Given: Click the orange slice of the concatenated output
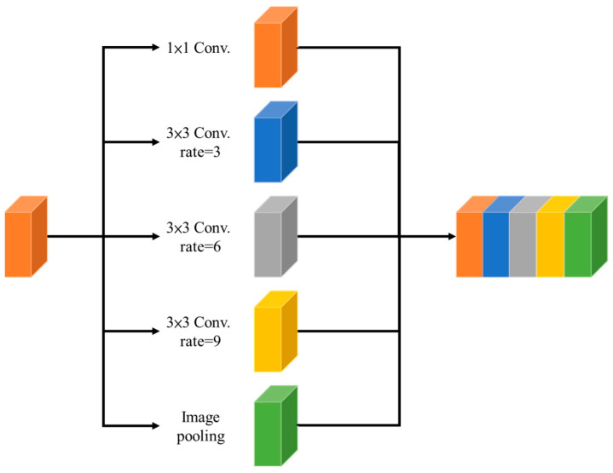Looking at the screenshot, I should [470, 243].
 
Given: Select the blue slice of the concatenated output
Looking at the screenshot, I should [495, 243].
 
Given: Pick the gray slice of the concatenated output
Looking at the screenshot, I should [522, 243].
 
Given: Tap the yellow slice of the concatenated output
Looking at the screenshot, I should [550, 243].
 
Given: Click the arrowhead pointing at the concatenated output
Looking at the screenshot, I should [449, 237].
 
